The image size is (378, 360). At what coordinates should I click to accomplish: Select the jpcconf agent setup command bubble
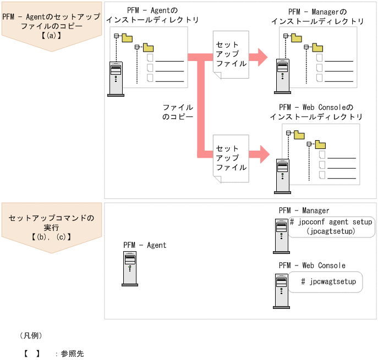331,226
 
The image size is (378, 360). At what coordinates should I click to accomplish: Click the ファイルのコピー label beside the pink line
178,112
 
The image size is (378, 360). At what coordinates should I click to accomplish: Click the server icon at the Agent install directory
116,79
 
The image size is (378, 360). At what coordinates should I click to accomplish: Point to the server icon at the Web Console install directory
283,176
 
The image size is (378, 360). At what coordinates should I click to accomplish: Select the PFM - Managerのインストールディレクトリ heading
317,16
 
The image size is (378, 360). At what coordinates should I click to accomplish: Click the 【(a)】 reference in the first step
51,36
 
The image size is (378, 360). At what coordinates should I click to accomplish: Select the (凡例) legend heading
31,335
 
